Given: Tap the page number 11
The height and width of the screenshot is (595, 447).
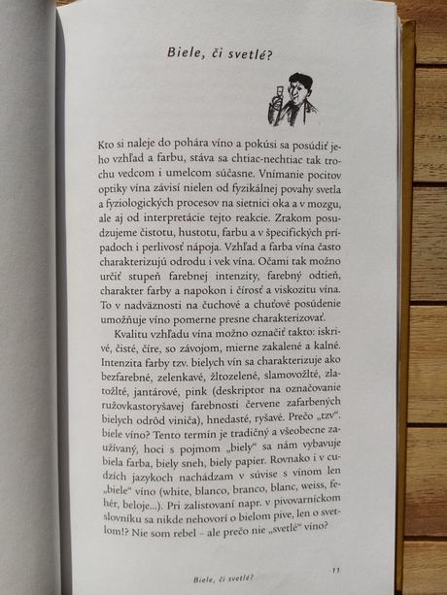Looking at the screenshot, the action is [x=335, y=570].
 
